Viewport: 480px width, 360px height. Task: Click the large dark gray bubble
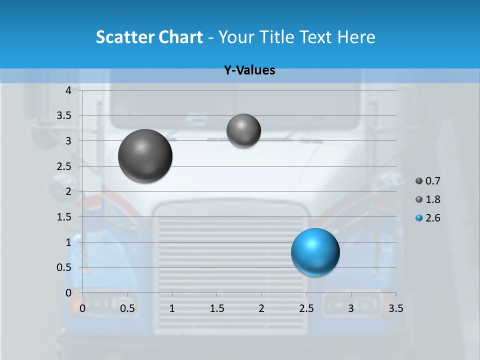pos(145,156)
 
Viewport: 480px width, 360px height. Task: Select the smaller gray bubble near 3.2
pos(243,130)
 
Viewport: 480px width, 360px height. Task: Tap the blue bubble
pos(315,252)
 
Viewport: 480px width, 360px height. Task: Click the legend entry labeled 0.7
pos(428,181)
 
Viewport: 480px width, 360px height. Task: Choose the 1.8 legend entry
pos(428,199)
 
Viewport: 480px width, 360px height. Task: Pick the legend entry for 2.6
pos(428,218)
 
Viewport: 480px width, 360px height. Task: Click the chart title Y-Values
pos(249,70)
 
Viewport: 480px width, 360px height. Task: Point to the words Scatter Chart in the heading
pos(149,37)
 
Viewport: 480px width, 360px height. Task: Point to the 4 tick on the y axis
pos(68,90)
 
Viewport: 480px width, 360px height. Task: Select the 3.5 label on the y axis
pos(64,116)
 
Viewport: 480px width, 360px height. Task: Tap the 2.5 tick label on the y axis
pos(64,166)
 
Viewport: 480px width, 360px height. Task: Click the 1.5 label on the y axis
pos(64,217)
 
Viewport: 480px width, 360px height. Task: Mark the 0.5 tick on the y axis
pos(64,267)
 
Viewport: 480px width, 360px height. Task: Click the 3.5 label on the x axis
pos(396,308)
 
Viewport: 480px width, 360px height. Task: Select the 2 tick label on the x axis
pos(261,308)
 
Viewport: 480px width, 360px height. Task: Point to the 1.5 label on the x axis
pos(216,308)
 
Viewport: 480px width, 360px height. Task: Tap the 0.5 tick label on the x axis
pos(127,308)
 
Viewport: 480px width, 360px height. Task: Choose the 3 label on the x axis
pos(351,308)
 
